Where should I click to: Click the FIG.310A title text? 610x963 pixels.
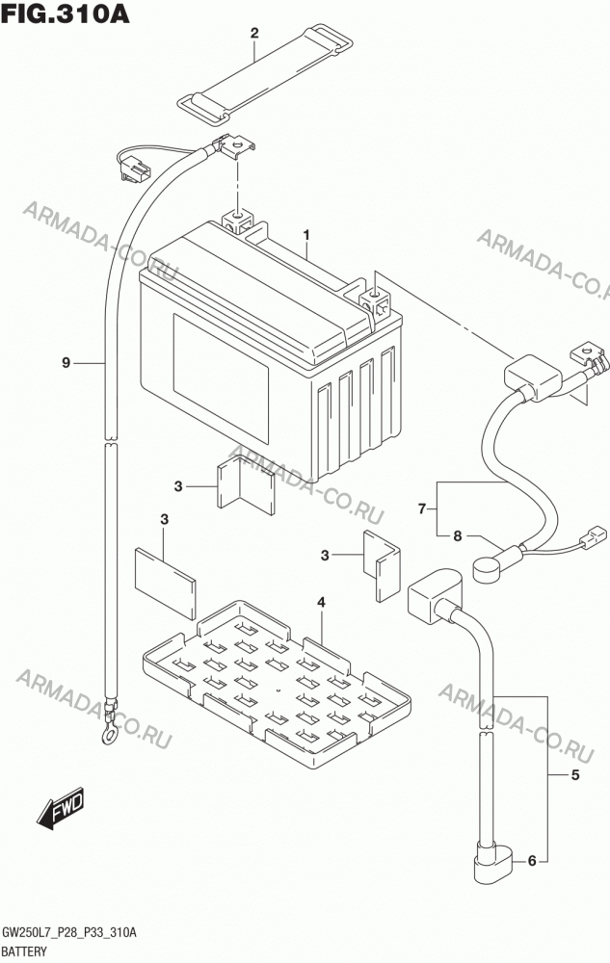[66, 13]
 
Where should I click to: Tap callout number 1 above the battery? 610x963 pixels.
[305, 235]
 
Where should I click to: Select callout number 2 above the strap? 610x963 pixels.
[254, 33]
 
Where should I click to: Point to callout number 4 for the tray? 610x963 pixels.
[321, 602]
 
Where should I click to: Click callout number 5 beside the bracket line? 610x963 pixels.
[575, 775]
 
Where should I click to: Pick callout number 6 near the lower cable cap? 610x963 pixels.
[532, 861]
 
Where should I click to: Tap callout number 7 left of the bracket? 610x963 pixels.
[422, 509]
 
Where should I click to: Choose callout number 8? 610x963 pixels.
[457, 536]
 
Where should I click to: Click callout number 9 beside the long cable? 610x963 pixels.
[66, 363]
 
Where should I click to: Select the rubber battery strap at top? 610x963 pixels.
[265, 70]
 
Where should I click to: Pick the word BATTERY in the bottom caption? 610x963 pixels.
[24, 951]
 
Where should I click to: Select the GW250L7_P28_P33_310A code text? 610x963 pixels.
[69, 933]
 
